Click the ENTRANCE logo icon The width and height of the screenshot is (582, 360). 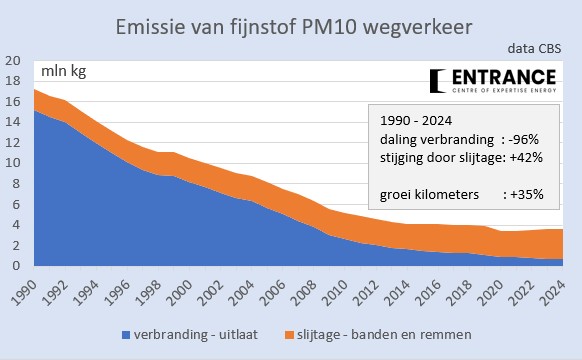437,80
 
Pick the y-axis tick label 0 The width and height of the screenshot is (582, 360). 15,266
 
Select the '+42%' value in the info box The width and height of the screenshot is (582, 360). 523,156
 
